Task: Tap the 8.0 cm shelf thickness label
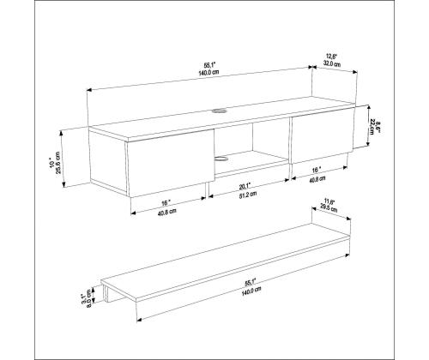point(90,300)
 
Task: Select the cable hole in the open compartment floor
point(225,157)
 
